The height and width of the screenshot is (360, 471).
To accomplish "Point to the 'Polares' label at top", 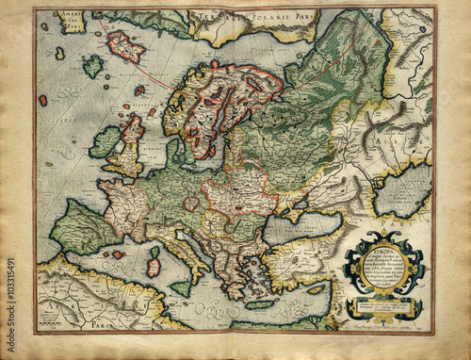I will coord(242,17).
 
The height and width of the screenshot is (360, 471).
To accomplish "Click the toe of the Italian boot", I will coord(202,282).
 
